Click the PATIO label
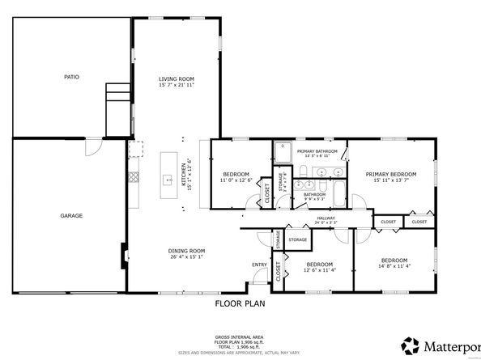[71, 77]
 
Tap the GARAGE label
[71, 215]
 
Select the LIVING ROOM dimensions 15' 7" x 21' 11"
[177, 84]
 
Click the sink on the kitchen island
[170, 180]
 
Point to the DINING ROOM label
[186, 250]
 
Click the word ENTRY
[259, 265]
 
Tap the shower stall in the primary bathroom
[283, 152]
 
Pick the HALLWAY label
[326, 218]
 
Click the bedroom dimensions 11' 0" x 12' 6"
[237, 180]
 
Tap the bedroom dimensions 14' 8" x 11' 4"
[396, 265]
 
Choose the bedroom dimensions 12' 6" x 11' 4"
[319, 269]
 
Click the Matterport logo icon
[411, 346]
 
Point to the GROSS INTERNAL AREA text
[239, 336]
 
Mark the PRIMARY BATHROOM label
[317, 151]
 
